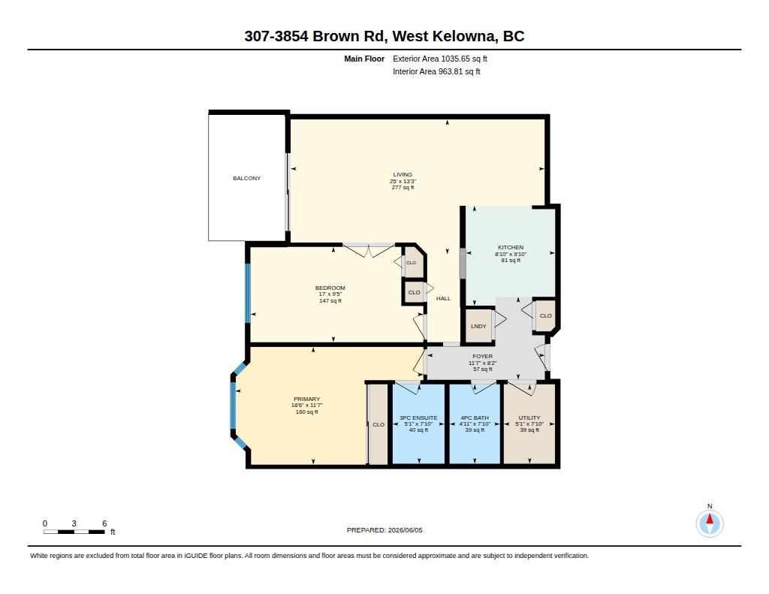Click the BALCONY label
coord(246,178)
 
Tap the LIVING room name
coord(403,175)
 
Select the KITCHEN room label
coord(511,247)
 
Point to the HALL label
coord(443,298)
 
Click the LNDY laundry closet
coord(478,326)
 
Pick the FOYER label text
coord(483,357)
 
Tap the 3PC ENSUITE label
coord(418,418)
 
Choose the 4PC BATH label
coord(475,418)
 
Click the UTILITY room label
coord(529,418)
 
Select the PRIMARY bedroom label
coord(306,400)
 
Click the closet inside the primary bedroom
coord(378,424)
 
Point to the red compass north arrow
coord(709,519)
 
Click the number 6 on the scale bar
coord(104,523)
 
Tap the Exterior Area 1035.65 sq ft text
coord(440,59)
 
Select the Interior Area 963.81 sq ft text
coord(436,71)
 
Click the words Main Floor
coord(364,59)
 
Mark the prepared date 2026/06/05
coord(405,530)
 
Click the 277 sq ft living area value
coord(403,188)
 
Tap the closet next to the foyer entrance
coord(545,316)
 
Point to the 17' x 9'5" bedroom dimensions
coord(330,294)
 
